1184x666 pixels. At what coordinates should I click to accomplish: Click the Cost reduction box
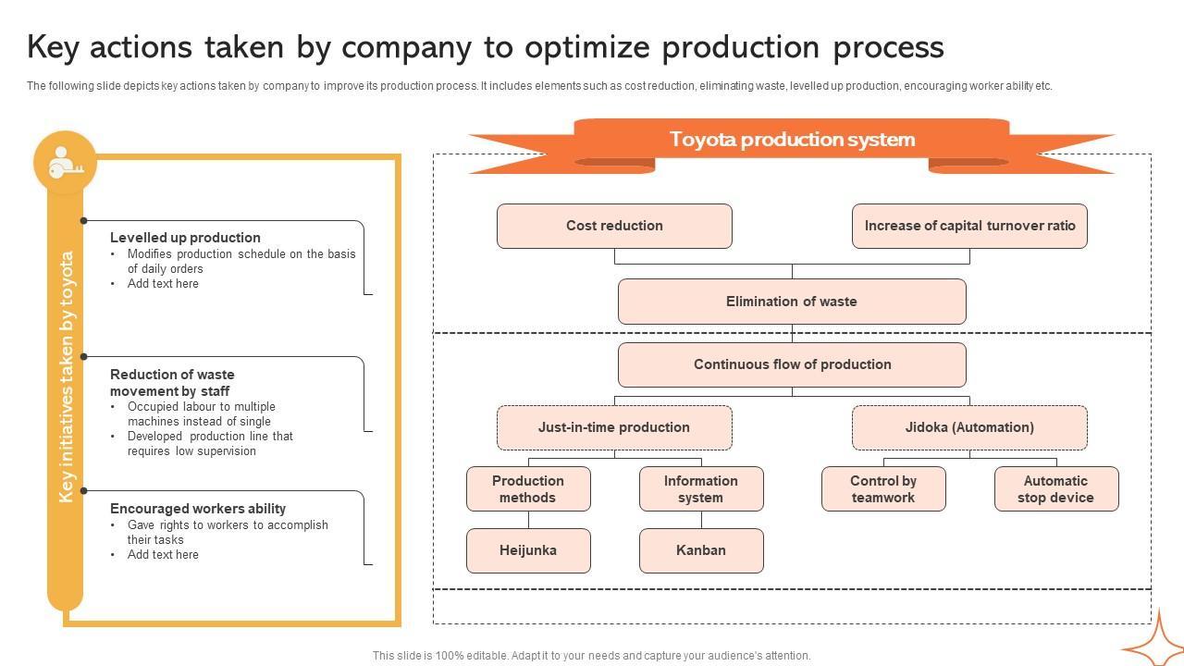tap(614, 226)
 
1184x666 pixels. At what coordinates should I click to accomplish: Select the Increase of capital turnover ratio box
tap(969, 226)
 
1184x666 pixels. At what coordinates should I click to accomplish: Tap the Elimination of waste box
tap(792, 302)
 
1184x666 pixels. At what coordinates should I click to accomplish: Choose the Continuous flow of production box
tap(792, 364)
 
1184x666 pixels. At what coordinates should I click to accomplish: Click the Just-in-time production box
tap(614, 427)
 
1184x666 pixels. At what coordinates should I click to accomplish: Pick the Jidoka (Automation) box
tap(969, 427)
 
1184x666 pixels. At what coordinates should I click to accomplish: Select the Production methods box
tap(528, 489)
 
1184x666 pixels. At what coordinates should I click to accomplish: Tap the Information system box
tap(701, 489)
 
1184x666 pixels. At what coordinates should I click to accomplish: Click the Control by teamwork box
tap(883, 489)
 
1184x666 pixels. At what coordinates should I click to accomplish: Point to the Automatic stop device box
tap(1056, 489)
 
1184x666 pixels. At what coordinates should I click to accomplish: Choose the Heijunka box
tap(528, 550)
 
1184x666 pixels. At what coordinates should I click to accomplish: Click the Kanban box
tap(701, 550)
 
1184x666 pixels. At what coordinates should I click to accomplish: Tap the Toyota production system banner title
tap(792, 140)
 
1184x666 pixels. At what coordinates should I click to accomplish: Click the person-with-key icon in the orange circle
tap(65, 162)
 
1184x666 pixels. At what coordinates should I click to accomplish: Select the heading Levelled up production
tap(185, 238)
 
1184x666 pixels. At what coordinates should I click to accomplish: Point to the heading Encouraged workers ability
tap(198, 509)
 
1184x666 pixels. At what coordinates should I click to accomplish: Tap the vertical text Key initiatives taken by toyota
tap(66, 376)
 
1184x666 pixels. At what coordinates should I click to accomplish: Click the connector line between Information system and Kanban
tap(701, 520)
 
